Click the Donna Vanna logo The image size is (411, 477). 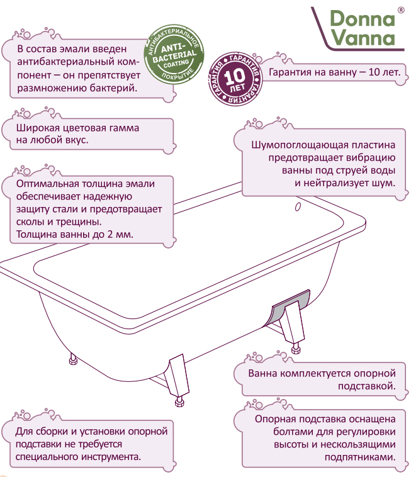click(x=358, y=28)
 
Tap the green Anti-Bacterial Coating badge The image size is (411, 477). click(x=174, y=55)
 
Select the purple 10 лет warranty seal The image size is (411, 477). click(x=235, y=79)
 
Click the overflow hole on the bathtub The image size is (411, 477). click(x=298, y=207)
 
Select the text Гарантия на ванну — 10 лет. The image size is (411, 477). click(x=334, y=72)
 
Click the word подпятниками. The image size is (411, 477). click(x=360, y=457)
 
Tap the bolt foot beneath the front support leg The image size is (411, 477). click(x=179, y=401)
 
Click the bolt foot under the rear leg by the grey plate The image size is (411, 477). click(x=296, y=348)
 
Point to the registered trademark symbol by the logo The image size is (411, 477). click(x=402, y=10)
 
